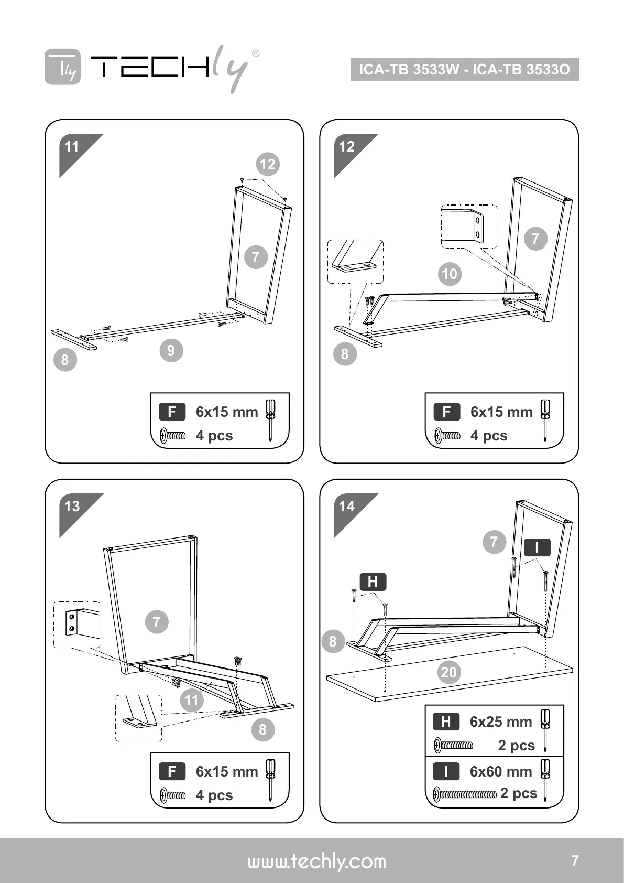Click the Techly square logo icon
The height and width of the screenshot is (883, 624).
coord(63,67)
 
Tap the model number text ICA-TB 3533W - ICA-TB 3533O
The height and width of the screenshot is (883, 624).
coord(464,70)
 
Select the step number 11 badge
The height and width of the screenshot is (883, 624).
coord(72,146)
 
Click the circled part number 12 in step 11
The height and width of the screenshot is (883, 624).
coord(268,164)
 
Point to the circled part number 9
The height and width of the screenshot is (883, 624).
coord(171,350)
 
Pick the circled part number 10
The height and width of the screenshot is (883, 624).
coord(450,274)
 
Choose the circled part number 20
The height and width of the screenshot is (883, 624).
coord(449,672)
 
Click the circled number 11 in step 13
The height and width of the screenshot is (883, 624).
coord(192,699)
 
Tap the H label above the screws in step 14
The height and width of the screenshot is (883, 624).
coord(373,582)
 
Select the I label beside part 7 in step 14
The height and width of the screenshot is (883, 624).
coord(537,548)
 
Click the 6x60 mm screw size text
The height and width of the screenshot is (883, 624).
coord(501,771)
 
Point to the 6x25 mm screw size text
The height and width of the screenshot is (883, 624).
coord(501,722)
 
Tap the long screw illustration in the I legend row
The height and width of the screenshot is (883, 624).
coord(465,794)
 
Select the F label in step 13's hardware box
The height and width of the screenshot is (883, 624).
coord(172,771)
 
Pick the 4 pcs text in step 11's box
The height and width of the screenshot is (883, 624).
coord(214,436)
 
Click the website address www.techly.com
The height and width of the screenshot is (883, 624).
coord(316,862)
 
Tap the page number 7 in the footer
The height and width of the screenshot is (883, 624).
coord(575,860)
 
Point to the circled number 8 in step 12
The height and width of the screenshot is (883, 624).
coord(345,354)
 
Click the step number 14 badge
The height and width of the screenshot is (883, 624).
coord(347,506)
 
